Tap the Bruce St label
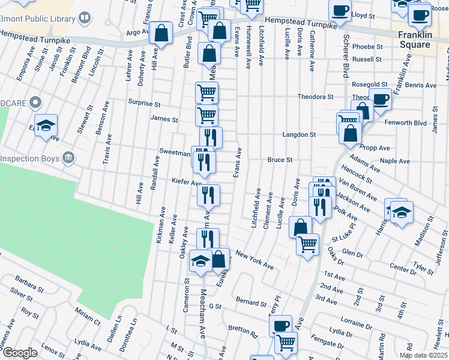point(280,160)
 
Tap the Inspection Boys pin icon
point(69,158)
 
